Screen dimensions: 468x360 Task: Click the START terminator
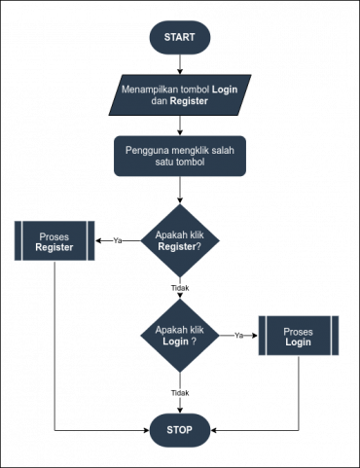[179, 37]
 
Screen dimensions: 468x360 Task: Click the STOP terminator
[179, 429]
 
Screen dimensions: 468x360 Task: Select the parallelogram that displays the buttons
[179, 95]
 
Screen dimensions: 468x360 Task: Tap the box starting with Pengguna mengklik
[179, 157]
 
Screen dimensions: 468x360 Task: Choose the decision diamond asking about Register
[179, 240]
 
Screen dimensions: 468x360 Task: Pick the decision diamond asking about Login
[179, 336]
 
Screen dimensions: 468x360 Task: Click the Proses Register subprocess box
[54, 241]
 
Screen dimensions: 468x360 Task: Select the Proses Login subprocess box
[298, 337]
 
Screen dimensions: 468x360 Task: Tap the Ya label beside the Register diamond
[118, 240]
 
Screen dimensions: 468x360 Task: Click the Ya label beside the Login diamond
[238, 336]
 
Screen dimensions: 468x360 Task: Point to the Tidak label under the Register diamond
[179, 288]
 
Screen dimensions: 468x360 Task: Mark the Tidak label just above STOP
[179, 393]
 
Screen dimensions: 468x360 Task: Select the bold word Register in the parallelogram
[188, 101]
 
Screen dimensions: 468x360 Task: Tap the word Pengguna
[147, 151]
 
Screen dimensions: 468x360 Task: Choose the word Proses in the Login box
[298, 331]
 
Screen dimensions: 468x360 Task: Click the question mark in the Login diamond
[194, 342]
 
